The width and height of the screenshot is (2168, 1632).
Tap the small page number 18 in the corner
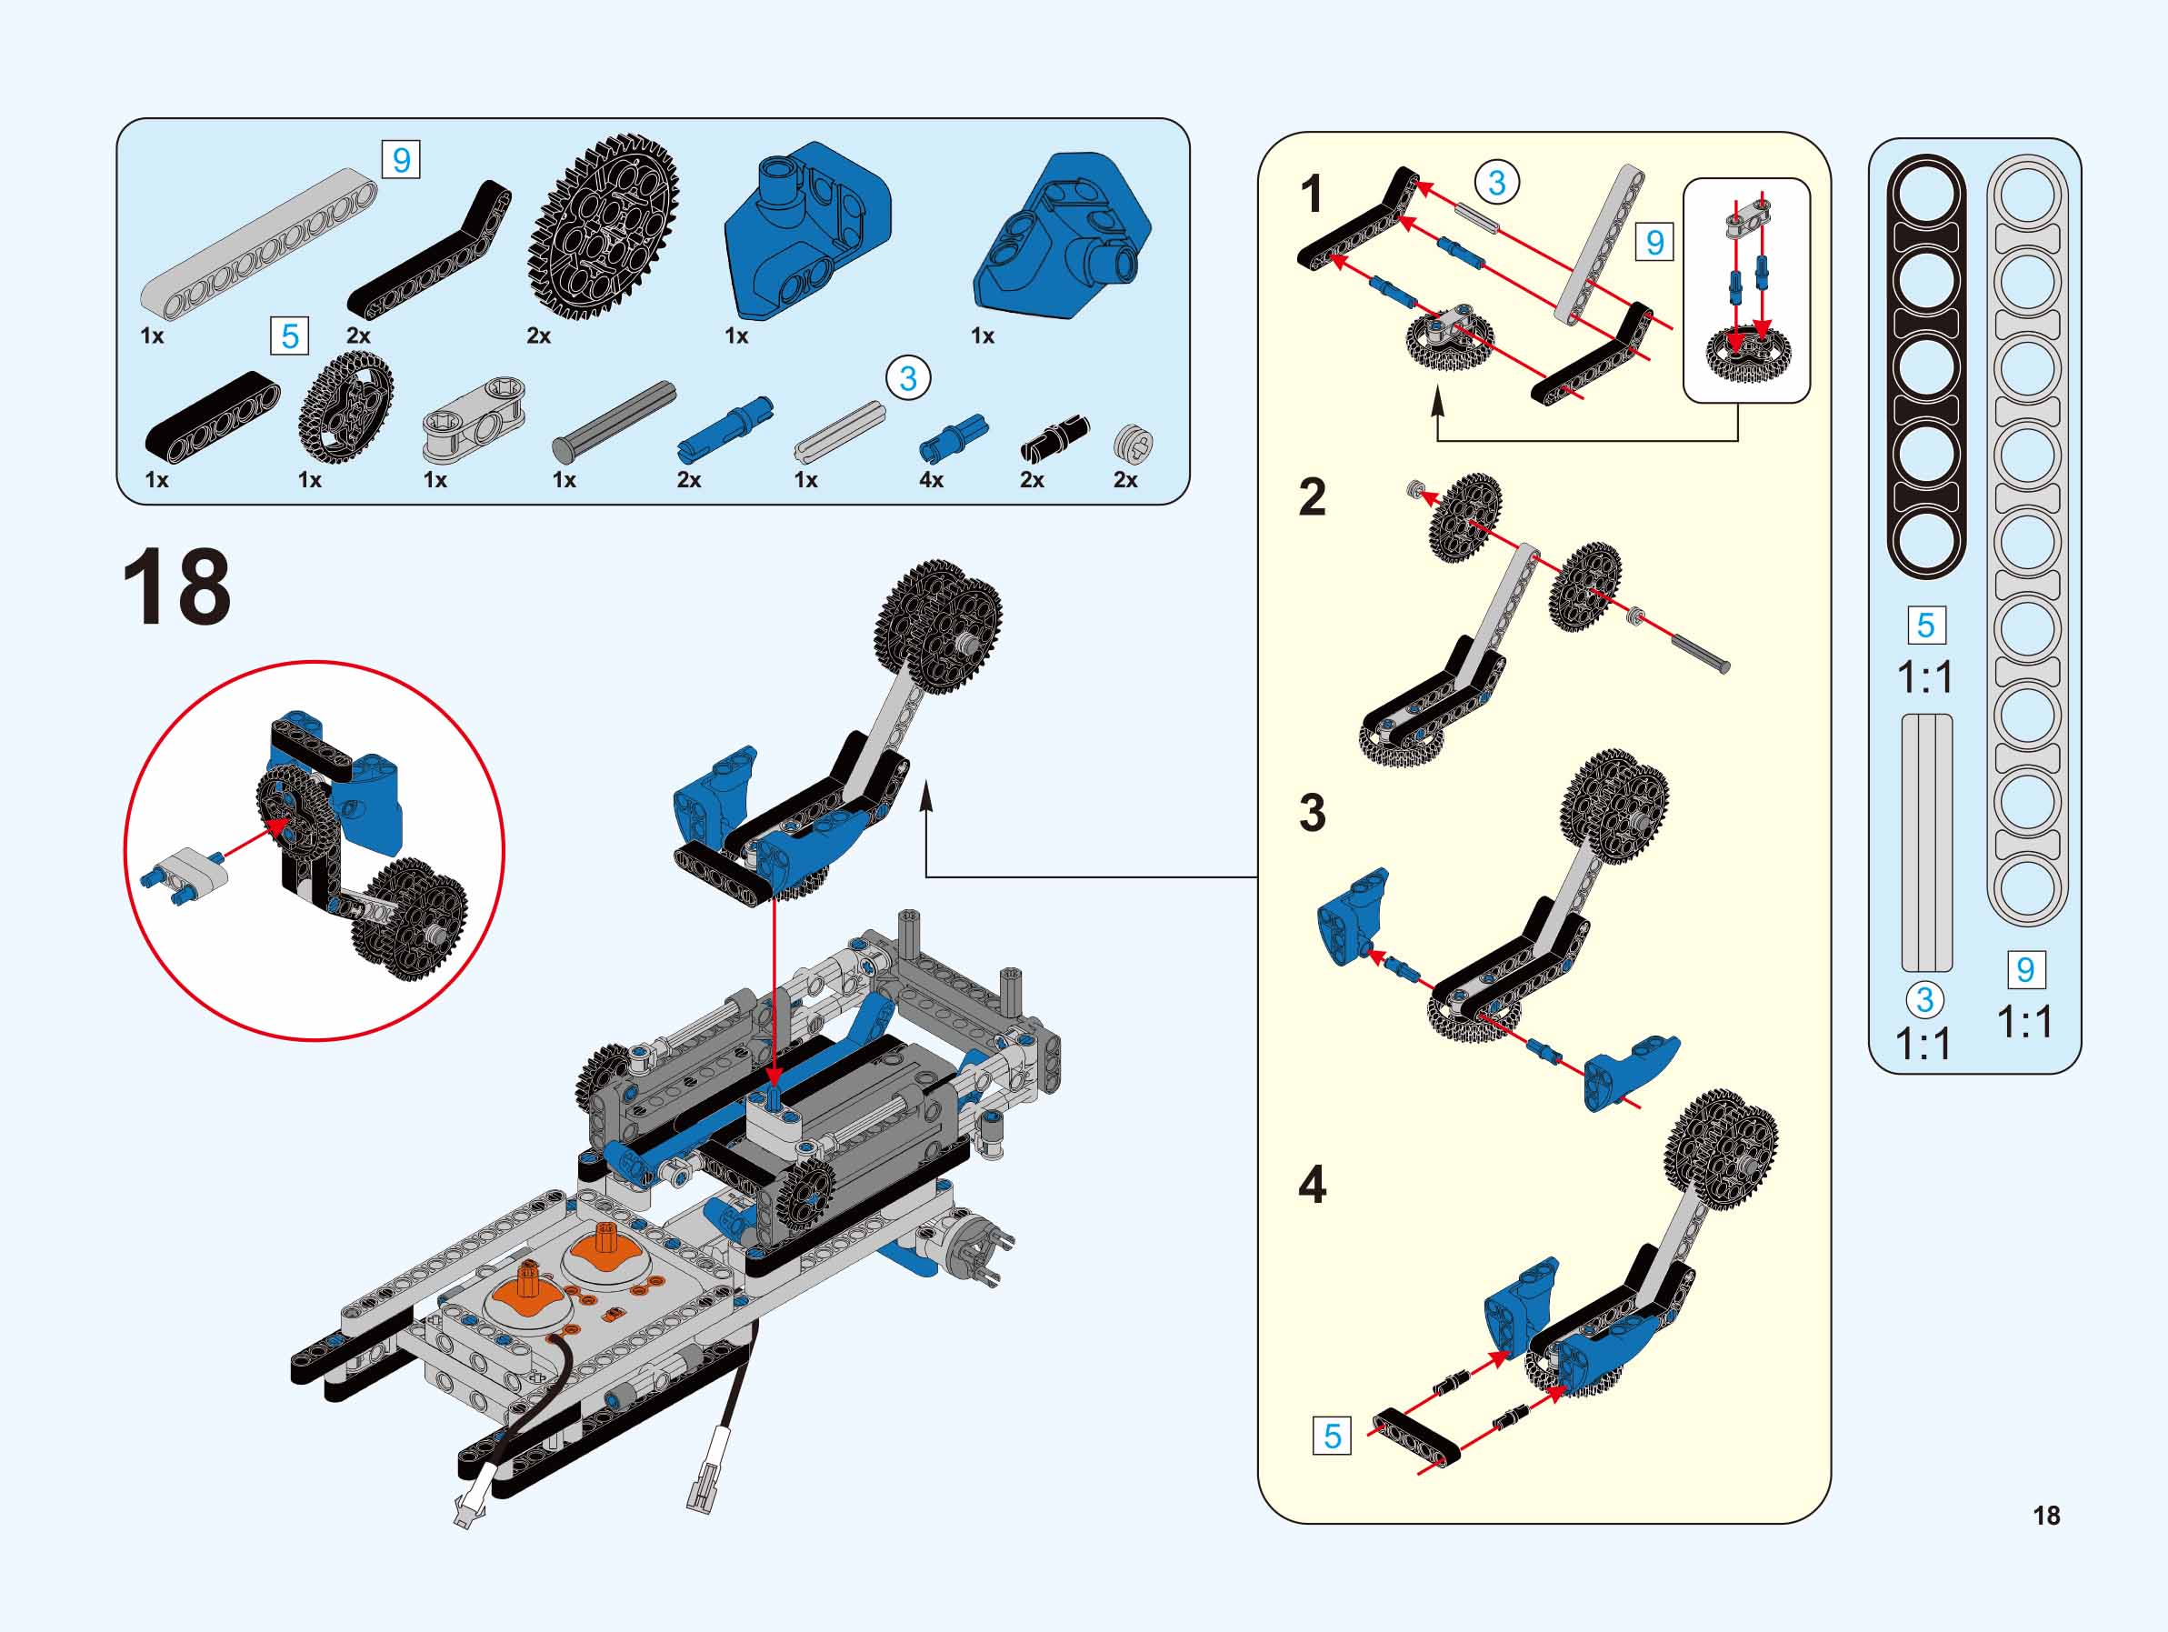pyautogui.click(x=2046, y=1516)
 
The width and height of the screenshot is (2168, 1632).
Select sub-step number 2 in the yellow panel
pyautogui.click(x=1312, y=497)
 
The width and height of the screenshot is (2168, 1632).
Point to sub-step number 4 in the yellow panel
pyautogui.click(x=1312, y=1184)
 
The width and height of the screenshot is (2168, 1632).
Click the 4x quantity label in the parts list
pyautogui.click(x=931, y=479)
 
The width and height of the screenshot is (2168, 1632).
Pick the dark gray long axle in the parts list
pyautogui.click(x=614, y=420)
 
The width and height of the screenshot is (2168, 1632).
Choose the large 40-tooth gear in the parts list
pyautogui.click(x=604, y=226)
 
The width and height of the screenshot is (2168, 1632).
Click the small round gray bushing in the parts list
pyautogui.click(x=1133, y=443)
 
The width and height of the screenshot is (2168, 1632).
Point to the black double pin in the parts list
pyautogui.click(x=1054, y=437)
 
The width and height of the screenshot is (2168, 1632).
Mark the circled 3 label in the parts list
pyautogui.click(x=907, y=378)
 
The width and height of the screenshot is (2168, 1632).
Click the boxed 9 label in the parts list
pyautogui.click(x=401, y=159)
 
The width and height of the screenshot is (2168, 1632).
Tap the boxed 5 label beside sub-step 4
pyautogui.click(x=1332, y=1436)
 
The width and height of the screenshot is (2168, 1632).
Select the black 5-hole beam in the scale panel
pyautogui.click(x=1926, y=366)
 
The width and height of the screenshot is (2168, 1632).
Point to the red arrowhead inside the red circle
pyautogui.click(x=277, y=827)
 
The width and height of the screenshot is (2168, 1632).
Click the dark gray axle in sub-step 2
pyautogui.click(x=1701, y=653)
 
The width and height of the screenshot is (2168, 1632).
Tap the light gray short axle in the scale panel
pyautogui.click(x=1927, y=843)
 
